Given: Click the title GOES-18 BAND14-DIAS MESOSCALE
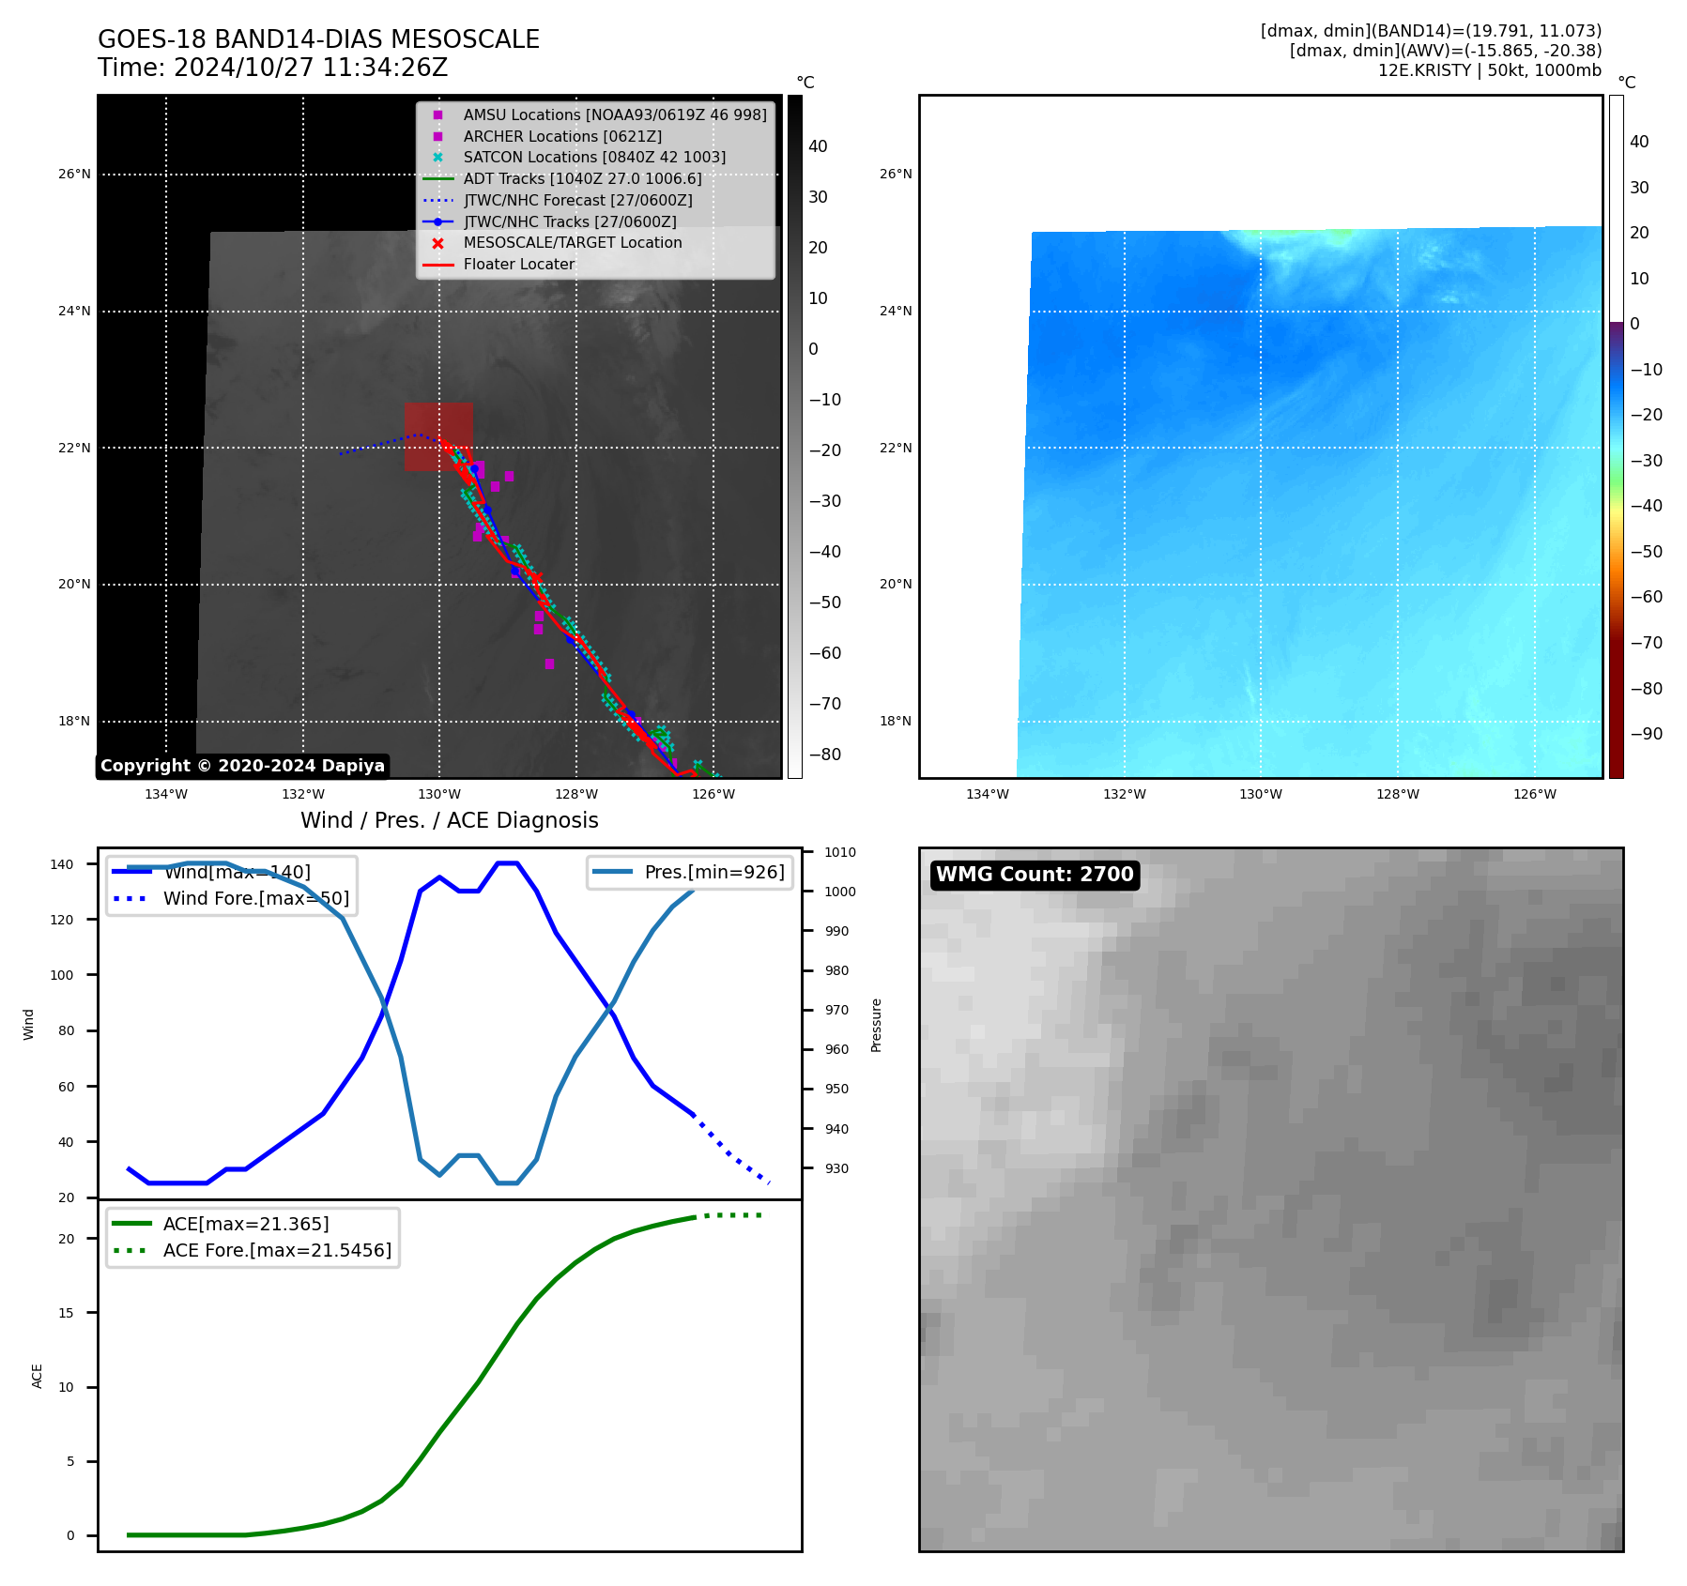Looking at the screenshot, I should coord(318,39).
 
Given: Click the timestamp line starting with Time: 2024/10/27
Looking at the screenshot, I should coord(272,68).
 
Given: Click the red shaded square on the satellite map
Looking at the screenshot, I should coord(438,436).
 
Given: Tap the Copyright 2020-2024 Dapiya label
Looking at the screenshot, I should coord(242,766).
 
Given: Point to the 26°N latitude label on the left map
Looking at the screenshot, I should coord(74,174).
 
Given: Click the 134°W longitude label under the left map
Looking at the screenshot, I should coord(166,794).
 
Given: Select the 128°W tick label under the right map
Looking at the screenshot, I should coord(1398,794).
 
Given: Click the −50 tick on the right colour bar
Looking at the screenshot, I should coord(1646,551).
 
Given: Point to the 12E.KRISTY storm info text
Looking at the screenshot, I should coord(1489,70).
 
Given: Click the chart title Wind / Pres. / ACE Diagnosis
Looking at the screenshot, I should coord(449,820).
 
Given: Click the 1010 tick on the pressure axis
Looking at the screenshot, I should coord(840,852).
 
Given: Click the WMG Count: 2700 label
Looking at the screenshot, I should coord(1035,875).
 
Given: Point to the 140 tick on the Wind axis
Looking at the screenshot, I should coord(62,864).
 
